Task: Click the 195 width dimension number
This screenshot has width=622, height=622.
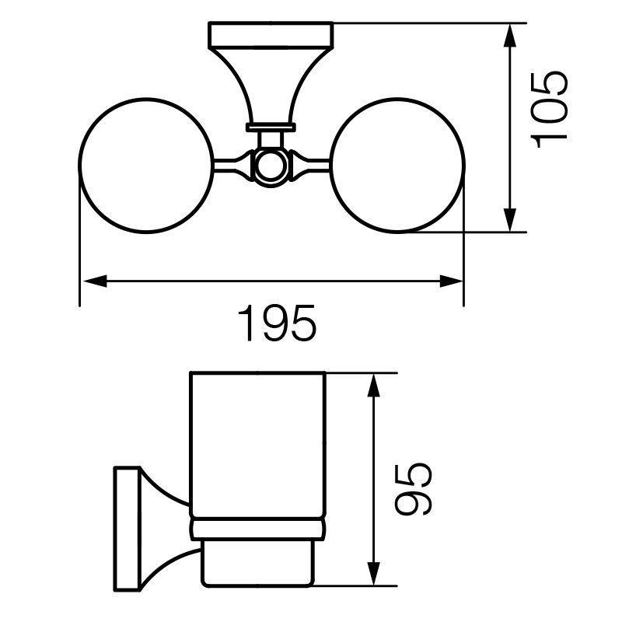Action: click(277, 323)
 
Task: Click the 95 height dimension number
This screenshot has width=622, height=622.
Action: click(413, 489)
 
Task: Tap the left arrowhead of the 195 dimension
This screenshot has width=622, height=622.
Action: click(95, 281)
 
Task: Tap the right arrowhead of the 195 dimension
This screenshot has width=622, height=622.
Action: click(452, 281)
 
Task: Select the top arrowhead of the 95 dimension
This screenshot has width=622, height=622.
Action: click(373, 386)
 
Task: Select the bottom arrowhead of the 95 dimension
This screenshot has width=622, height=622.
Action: click(373, 574)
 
